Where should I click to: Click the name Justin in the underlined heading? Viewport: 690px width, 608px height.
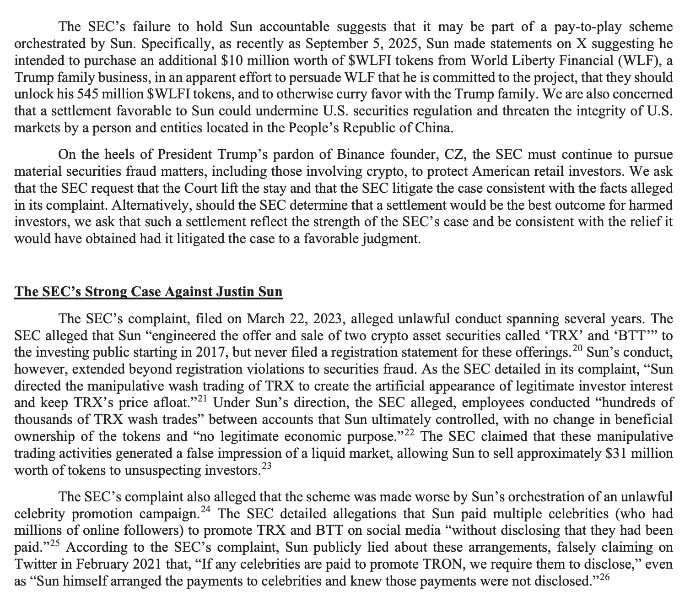pos(233,292)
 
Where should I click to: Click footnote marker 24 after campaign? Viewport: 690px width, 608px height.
pos(206,510)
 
